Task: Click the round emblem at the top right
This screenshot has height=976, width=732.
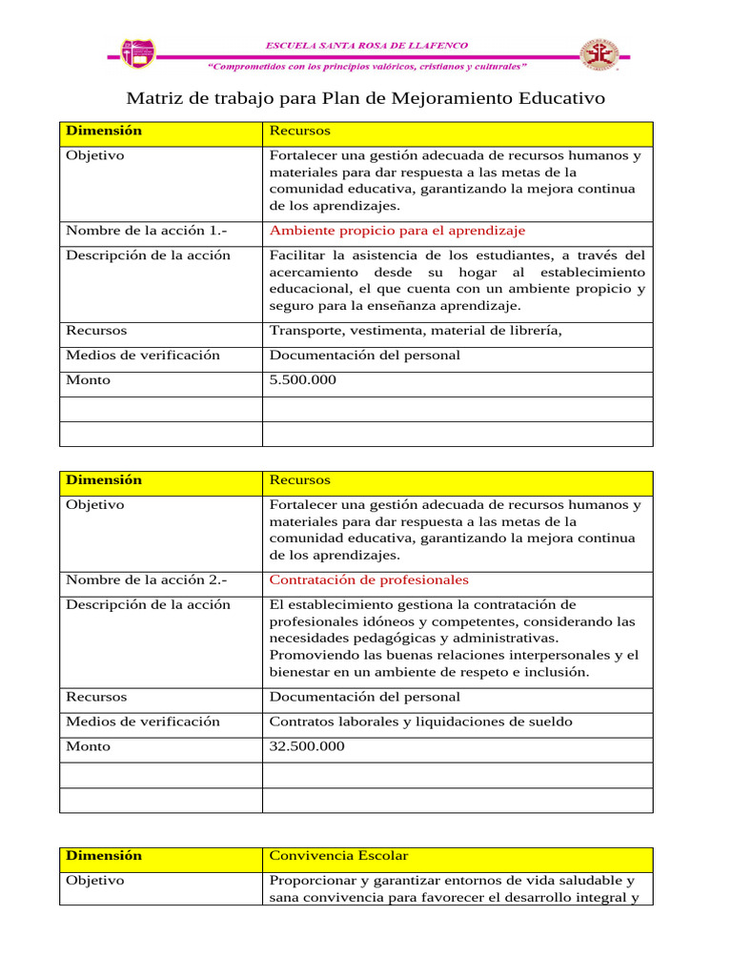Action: click(600, 54)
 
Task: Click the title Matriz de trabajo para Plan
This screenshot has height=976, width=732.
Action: click(366, 99)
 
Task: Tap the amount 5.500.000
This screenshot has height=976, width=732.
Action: click(303, 380)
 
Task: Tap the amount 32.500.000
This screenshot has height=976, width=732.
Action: click(307, 746)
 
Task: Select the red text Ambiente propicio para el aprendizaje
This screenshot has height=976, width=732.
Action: click(397, 231)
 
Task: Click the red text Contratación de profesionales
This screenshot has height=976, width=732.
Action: click(369, 579)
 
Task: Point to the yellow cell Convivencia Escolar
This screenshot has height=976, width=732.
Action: click(338, 856)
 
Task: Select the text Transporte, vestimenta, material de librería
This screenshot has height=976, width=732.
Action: click(417, 331)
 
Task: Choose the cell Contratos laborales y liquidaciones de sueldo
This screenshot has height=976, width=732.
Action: click(421, 722)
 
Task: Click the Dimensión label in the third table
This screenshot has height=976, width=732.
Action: click(103, 856)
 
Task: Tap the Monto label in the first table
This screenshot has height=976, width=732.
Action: click(88, 380)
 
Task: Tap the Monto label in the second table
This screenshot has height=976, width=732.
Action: click(88, 746)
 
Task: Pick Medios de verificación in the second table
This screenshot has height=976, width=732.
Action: click(142, 722)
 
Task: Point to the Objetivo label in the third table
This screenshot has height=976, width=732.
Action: click(94, 881)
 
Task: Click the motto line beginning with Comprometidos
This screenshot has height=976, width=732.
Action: click(366, 67)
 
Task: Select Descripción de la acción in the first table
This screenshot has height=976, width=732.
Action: click(148, 255)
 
